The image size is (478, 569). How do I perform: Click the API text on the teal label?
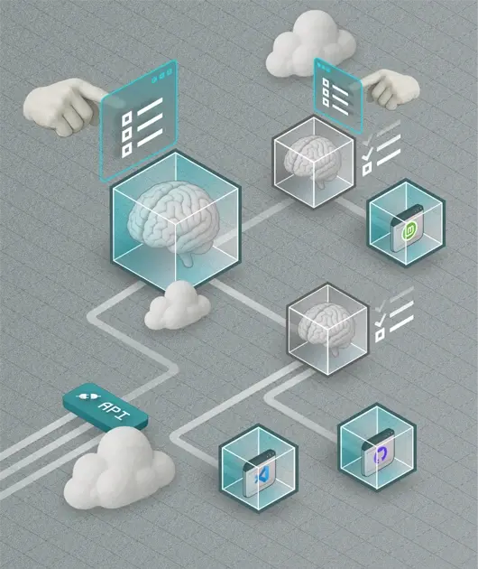115,410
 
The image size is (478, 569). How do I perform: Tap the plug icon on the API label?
88,396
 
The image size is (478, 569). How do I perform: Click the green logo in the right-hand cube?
409,230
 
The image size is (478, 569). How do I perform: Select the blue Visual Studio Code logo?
262,475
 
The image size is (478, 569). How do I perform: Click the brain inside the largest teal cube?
173,221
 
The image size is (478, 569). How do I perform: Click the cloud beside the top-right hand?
311,44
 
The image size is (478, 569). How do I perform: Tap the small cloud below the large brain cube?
178,305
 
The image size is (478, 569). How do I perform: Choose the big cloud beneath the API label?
119,469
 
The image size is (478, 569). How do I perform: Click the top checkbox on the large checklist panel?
127,118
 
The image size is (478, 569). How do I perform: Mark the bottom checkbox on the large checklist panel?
127,150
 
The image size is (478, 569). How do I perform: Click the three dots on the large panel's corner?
161,76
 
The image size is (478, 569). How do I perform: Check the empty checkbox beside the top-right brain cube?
367,169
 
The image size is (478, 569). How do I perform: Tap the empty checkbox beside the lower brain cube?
380,335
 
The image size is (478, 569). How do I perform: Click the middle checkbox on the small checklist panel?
326,93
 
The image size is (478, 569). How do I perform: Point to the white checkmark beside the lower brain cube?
380,320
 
